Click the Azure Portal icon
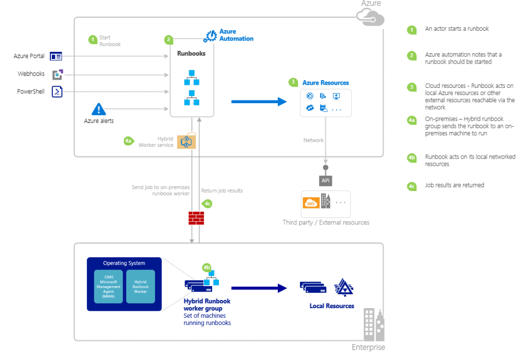point(56,56)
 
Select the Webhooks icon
point(58,74)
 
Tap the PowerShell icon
point(57,92)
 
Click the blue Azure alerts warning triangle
point(99,109)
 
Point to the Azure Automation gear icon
point(210,36)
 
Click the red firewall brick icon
point(196,218)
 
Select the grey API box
point(325,181)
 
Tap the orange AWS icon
point(311,203)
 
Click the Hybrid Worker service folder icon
point(186,141)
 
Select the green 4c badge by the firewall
point(208,204)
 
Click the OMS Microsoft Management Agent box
point(108,287)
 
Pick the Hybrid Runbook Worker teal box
point(140,287)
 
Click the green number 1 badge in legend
point(411,30)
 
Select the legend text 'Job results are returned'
point(454,185)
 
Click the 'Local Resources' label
point(332,306)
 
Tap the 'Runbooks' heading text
point(191,53)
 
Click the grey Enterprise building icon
point(373,325)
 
